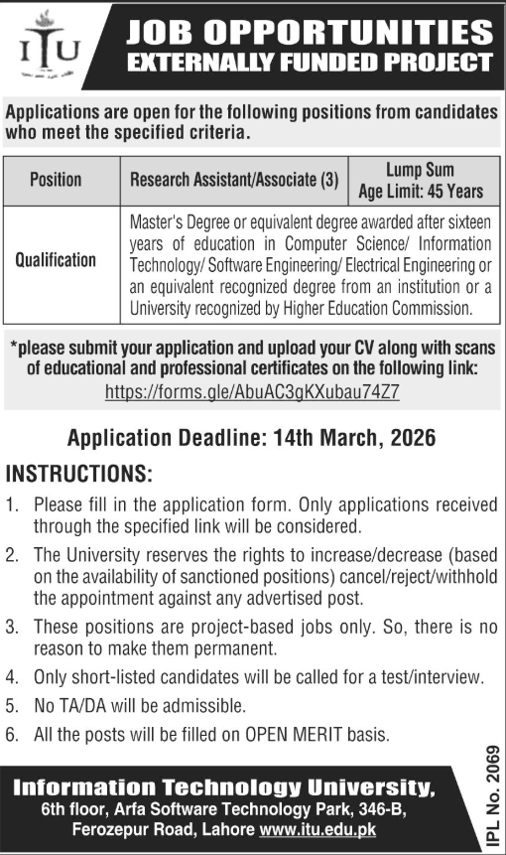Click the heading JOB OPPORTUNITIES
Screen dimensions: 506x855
point(310,32)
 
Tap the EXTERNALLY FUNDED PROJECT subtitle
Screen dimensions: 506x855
point(310,64)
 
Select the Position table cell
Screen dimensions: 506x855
point(56,180)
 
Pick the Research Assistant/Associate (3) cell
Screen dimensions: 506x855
point(234,180)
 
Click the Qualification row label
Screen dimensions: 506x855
point(56,260)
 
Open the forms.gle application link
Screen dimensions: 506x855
point(252,391)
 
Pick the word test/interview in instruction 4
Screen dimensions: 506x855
point(427,678)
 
